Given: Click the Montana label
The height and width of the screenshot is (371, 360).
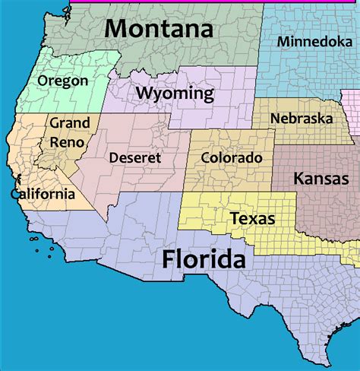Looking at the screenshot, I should click(158, 29).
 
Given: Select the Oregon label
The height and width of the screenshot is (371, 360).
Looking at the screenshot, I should click(62, 81).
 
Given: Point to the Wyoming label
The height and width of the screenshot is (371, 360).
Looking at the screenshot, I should click(174, 94).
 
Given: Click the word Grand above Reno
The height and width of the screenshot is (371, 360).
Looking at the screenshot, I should click(70, 122).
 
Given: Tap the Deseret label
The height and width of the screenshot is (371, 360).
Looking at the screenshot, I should click(134, 157).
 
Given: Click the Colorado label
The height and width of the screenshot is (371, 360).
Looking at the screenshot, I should click(232, 157).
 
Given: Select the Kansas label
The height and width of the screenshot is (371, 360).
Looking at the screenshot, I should click(321, 179).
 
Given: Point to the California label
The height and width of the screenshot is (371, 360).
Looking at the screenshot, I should click(43, 194).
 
